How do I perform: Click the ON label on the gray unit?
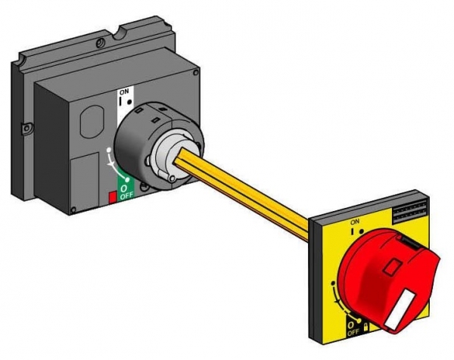124,92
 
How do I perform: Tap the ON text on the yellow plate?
355,222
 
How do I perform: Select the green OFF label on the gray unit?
126,195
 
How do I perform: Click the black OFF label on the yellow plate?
353,333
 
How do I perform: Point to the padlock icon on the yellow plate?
365,327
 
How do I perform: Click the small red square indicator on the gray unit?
112,197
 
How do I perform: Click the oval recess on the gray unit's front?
92,122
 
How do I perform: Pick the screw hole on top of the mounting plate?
101,43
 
